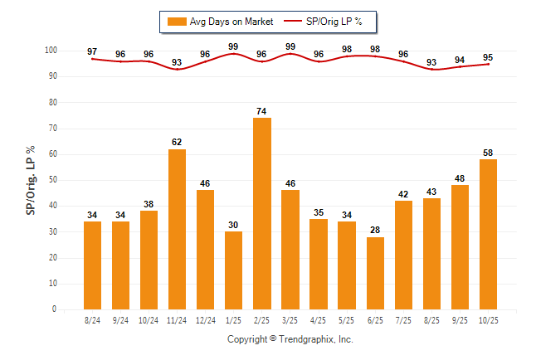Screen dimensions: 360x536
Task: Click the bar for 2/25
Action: [261, 213]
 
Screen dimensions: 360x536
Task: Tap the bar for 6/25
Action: [374, 273]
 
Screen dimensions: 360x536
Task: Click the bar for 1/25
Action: [233, 270]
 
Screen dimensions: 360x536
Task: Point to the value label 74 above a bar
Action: [261, 111]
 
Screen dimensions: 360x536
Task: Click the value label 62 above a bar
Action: [177, 143]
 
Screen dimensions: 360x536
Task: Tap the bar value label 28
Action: [374, 231]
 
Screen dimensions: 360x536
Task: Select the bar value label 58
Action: [488, 153]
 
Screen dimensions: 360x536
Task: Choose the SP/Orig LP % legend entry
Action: [341, 22]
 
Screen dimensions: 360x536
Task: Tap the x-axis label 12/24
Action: [205, 319]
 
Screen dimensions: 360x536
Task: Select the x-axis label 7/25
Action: [402, 319]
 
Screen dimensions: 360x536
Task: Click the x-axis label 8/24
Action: [92, 319]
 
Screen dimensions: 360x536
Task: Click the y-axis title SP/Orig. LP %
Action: [31, 179]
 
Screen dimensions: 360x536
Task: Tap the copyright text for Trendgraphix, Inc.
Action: [290, 339]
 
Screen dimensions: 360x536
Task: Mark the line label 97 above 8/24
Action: [92, 52]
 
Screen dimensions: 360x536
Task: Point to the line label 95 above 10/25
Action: [488, 57]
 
